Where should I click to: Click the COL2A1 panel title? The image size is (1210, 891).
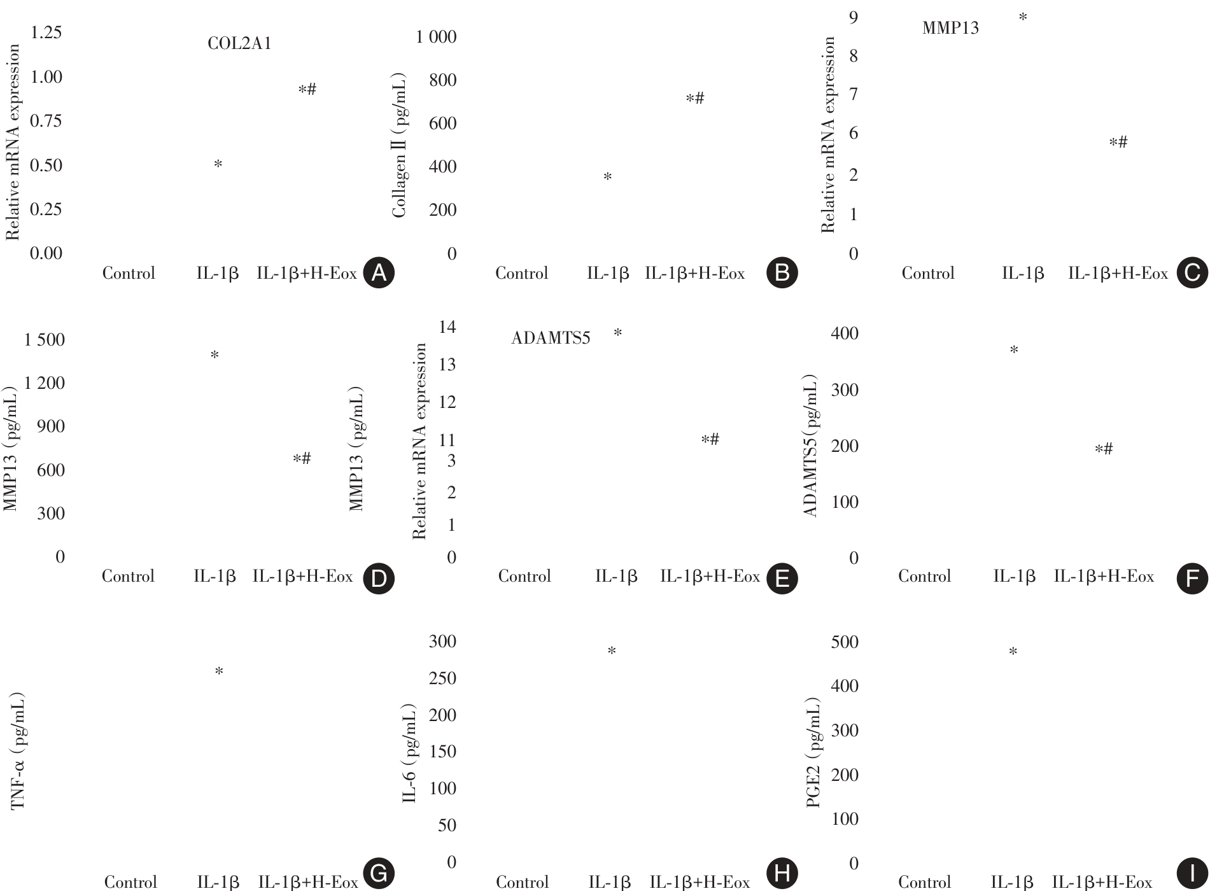click(239, 43)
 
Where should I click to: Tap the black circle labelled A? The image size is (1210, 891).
click(379, 273)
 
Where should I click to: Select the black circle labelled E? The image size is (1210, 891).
click(782, 579)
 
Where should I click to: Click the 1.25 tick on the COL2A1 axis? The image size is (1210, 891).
click(46, 32)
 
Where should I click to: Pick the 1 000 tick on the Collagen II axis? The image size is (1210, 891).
click(436, 37)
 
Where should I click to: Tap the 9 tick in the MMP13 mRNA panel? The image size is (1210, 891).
click(853, 17)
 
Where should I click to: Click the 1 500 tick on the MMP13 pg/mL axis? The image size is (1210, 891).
click(45, 340)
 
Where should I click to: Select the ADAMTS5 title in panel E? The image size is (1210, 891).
click(551, 338)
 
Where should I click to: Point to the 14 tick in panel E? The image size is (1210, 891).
click(447, 327)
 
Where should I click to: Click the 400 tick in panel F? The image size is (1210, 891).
click(844, 333)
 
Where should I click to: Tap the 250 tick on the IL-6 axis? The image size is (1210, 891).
click(442, 678)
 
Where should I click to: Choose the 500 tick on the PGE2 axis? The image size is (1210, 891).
click(844, 642)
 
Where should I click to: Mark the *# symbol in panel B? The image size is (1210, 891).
click(694, 99)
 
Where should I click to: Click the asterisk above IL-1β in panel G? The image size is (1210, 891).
click(219, 671)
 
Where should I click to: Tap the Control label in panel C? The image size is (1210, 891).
click(927, 274)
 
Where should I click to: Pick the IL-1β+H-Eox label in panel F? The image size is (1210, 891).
click(1104, 577)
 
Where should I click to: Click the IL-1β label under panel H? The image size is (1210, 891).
click(609, 882)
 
